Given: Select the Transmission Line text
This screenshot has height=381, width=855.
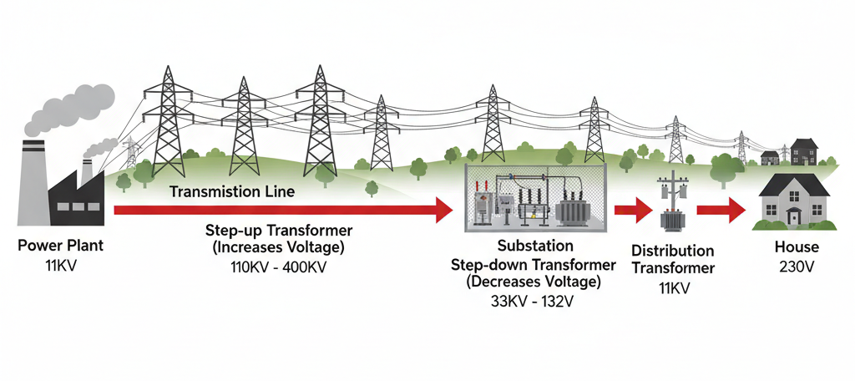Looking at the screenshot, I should pos(231,191).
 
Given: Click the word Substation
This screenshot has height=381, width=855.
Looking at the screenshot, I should pos(535,246).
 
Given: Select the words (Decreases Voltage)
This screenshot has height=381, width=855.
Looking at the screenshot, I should pos(535,282).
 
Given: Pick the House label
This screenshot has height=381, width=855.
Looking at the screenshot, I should pos(797,247).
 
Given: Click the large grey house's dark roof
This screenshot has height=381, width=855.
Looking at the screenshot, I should pos(794,182).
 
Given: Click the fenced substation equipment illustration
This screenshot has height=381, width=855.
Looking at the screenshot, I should pos(535,197).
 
